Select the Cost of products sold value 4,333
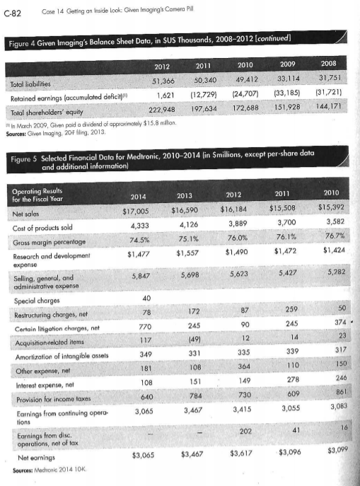coord(143,225)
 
